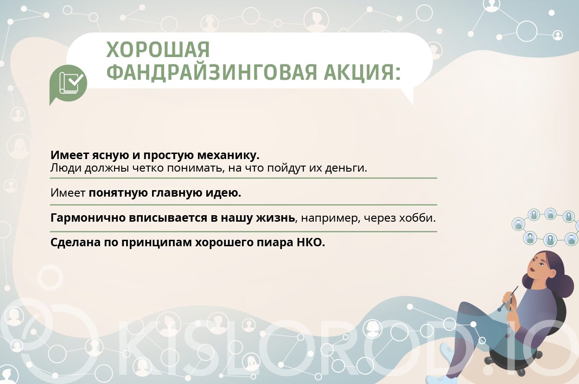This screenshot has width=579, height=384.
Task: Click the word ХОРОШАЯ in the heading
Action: click(158, 50)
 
